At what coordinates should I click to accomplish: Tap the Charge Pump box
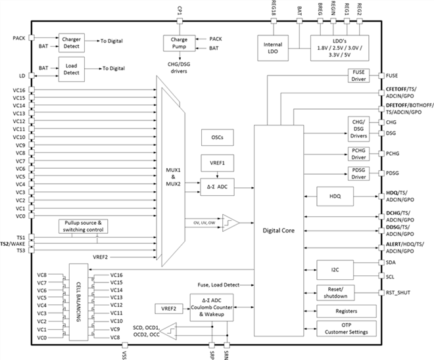pyautogui.click(x=175, y=43)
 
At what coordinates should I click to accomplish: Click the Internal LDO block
pyautogui.click(x=273, y=49)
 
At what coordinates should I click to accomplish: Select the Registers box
pyautogui.click(x=346, y=311)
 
